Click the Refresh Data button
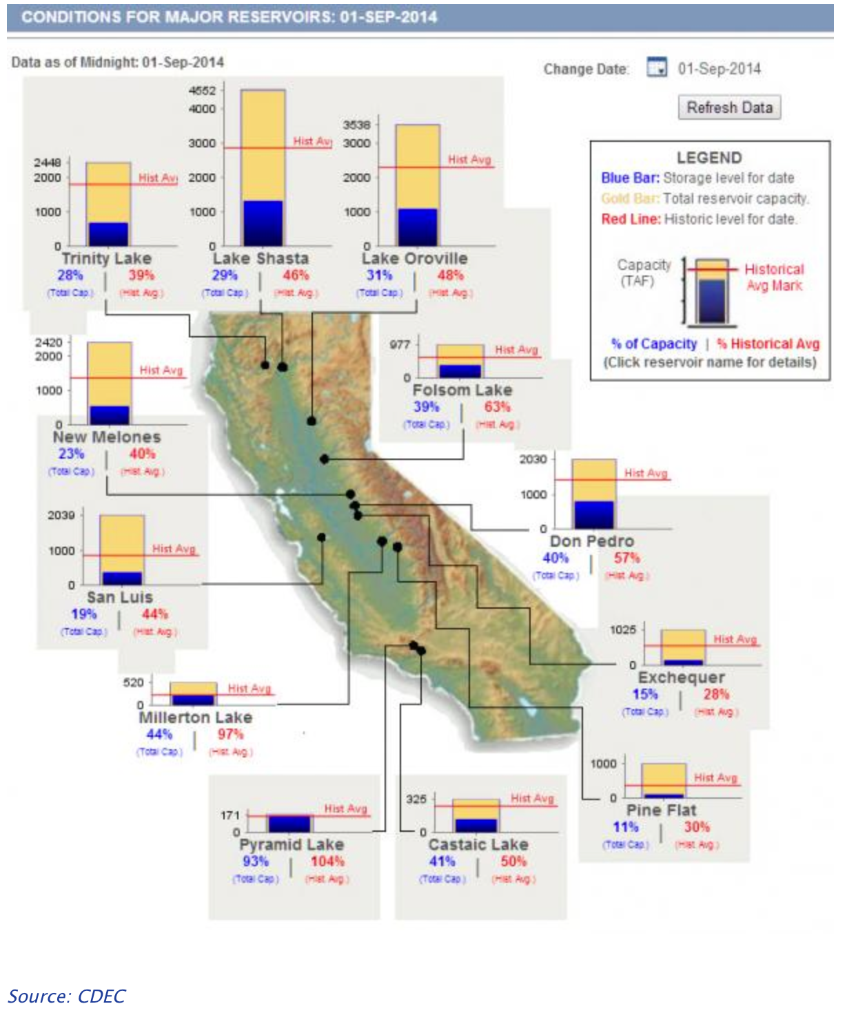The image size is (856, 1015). pyautogui.click(x=729, y=107)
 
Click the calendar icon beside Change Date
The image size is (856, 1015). pyautogui.click(x=656, y=67)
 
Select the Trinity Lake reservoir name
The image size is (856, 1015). pyautogui.click(x=106, y=258)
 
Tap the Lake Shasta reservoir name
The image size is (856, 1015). pyautogui.click(x=261, y=258)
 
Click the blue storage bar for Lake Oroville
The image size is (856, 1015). pyautogui.click(x=418, y=227)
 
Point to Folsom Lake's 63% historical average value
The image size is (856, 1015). pyautogui.click(x=497, y=407)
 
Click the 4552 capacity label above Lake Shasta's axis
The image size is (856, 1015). pyautogui.click(x=202, y=90)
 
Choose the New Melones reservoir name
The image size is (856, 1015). pyautogui.click(x=107, y=437)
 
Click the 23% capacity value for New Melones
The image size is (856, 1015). pyautogui.click(x=71, y=454)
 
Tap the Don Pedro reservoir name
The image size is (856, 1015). pyautogui.click(x=591, y=541)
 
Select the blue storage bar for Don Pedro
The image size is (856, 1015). pyautogui.click(x=593, y=514)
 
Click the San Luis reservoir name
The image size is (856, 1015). pyautogui.click(x=120, y=597)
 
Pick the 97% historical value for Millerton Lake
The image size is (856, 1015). pyautogui.click(x=230, y=734)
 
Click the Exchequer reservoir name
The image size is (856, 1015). pyautogui.click(x=681, y=678)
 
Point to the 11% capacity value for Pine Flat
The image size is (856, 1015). pyautogui.click(x=626, y=827)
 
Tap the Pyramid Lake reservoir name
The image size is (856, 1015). pyautogui.click(x=292, y=844)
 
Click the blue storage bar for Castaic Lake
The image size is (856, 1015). pyautogui.click(x=476, y=825)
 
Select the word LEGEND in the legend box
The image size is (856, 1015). pyautogui.click(x=709, y=158)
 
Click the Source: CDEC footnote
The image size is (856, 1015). pyautogui.click(x=67, y=996)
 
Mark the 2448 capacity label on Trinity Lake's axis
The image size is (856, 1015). pyautogui.click(x=48, y=163)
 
